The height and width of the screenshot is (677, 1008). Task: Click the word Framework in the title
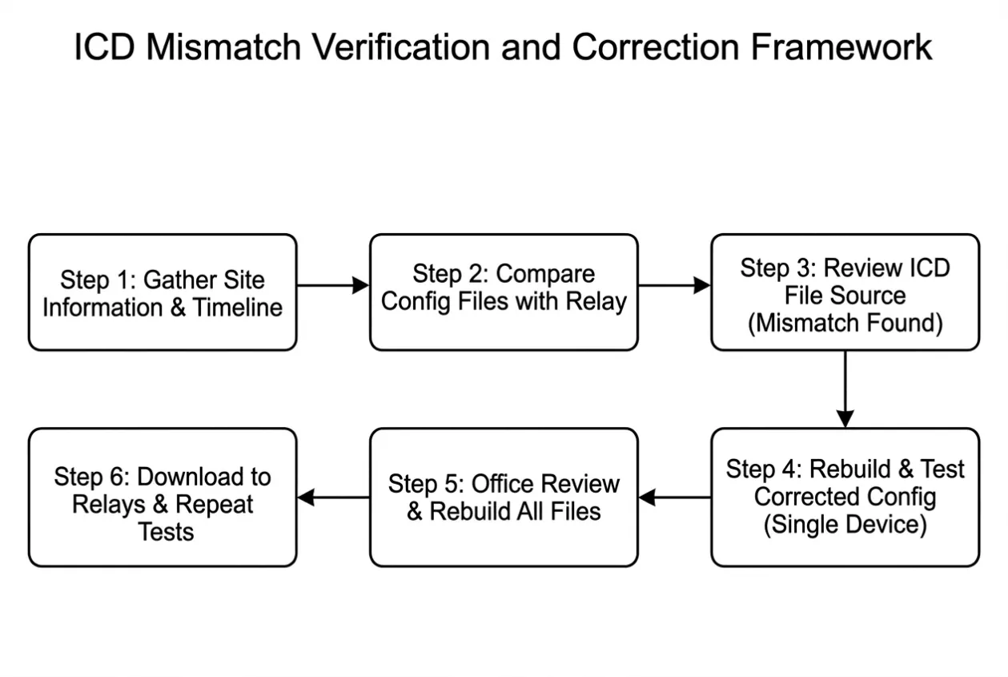coord(841,46)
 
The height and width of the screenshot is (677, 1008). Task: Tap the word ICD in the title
coord(104,46)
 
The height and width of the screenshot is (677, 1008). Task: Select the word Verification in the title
coord(401,46)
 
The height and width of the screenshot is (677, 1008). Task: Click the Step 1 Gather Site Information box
coord(163,292)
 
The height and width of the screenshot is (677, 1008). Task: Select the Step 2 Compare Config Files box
coord(504,292)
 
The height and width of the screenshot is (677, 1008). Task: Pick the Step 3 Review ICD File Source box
coord(845,292)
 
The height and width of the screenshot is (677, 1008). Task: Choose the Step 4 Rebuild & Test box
coord(845,498)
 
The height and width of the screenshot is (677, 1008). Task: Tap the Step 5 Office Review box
coord(504,498)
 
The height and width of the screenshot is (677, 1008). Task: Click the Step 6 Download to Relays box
coord(163,498)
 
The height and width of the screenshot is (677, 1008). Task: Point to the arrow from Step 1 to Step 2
coord(333,285)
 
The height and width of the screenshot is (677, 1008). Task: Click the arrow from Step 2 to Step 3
coord(675,285)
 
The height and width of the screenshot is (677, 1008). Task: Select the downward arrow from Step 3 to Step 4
coord(845,389)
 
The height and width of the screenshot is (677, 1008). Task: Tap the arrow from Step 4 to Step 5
coord(675,498)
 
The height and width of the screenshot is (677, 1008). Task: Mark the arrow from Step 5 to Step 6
coord(333,498)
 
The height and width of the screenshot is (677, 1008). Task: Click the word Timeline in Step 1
coord(238,308)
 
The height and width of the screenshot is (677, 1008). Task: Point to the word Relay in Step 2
coord(596,302)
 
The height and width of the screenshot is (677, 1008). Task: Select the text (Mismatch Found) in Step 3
coord(845,324)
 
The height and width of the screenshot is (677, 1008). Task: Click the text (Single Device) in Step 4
coord(845,525)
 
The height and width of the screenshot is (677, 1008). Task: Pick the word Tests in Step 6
coord(166,532)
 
